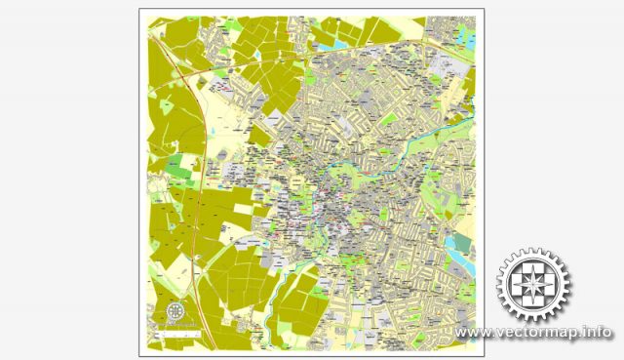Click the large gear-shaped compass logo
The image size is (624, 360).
pyautogui.click(x=533, y=285)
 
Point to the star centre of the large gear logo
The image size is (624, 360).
pyautogui.click(x=533, y=285)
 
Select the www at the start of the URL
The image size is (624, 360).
pyautogui.click(x=472, y=333)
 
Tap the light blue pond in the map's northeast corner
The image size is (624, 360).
pyautogui.click(x=340, y=43)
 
